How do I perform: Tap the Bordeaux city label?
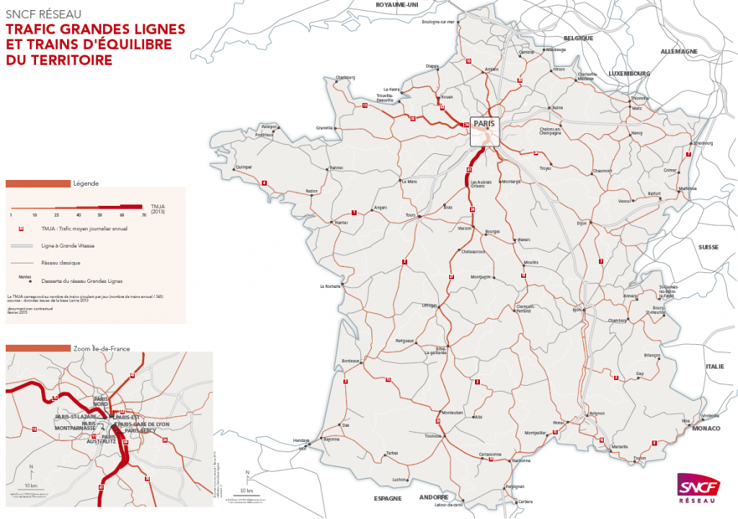[x=350, y=361]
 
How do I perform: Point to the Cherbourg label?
[x=345, y=77]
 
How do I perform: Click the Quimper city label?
[x=244, y=167]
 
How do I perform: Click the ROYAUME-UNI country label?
[x=397, y=4]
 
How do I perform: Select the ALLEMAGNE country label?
[x=679, y=52]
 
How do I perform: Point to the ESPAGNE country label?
[x=387, y=499]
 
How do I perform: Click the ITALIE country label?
[x=714, y=366]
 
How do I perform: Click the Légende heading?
[x=86, y=183]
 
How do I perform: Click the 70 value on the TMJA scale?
[x=143, y=215]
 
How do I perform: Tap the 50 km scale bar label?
[x=247, y=490]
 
